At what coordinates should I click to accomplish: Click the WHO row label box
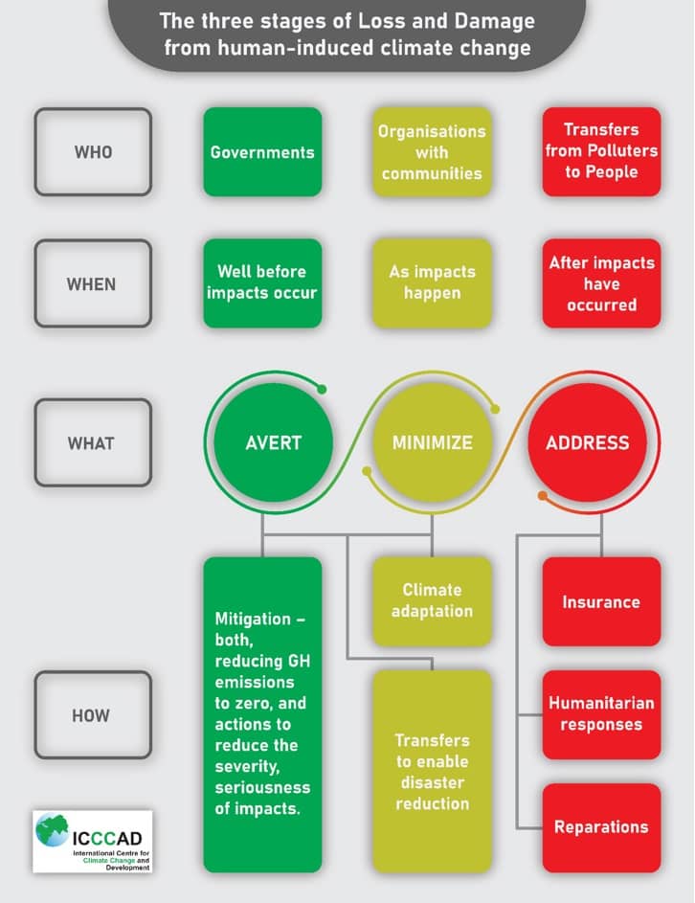(93, 152)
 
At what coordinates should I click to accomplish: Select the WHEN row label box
(93, 283)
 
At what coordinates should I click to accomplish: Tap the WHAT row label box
(93, 442)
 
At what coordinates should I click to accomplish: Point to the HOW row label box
(93, 715)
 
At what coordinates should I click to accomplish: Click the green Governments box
(262, 152)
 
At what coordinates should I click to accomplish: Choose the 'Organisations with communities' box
(432, 152)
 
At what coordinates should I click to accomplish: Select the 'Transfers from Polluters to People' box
(601, 152)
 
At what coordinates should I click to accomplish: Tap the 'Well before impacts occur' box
(262, 283)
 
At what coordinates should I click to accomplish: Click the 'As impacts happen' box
(432, 283)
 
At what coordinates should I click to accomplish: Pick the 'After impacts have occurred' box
(601, 283)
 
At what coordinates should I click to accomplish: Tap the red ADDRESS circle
(588, 442)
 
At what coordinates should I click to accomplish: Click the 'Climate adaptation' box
(432, 600)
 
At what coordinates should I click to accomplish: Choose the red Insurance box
(601, 601)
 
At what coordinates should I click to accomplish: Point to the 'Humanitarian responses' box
(601, 714)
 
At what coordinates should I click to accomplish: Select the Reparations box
(601, 826)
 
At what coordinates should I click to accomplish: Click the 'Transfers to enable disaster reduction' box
(432, 771)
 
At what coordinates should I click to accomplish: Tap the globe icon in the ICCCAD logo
(53, 829)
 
